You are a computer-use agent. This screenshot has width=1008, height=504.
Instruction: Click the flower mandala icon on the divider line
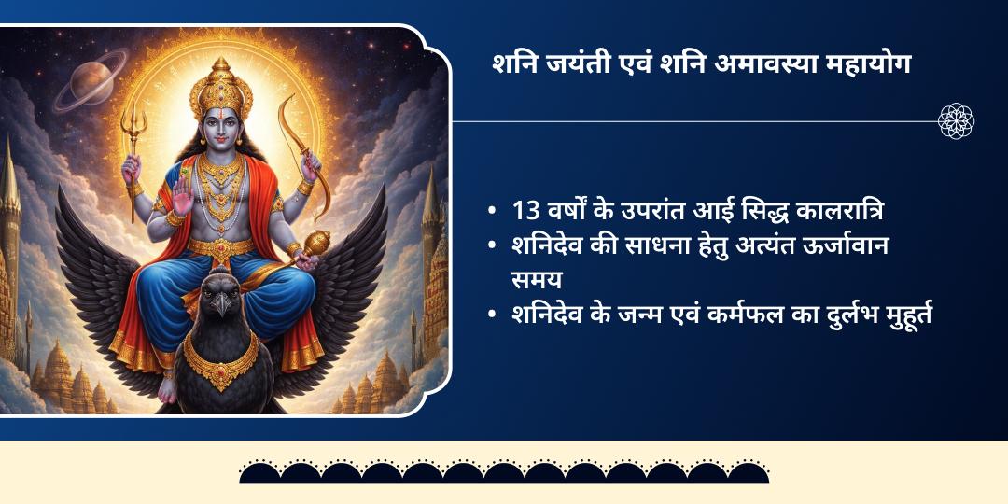click(x=957, y=121)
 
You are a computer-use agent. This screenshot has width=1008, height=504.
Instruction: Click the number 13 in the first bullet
click(x=526, y=212)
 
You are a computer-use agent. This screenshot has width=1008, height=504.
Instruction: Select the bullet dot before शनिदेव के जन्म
click(x=492, y=316)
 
